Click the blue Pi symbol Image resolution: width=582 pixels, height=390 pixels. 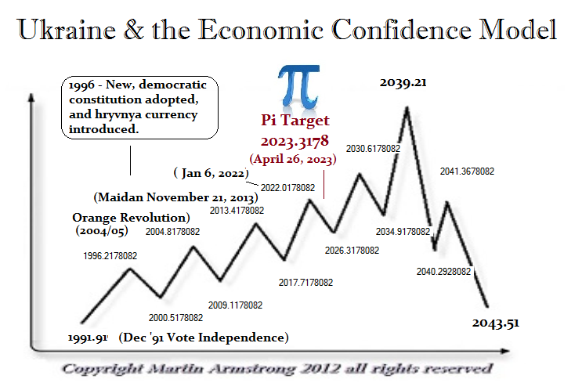(295, 88)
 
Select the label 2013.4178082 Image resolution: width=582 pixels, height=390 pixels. (237, 210)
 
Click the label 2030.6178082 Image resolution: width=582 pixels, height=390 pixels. (373, 147)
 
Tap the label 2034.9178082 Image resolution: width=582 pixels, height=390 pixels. (403, 232)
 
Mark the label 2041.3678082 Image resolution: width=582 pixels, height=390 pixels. (467, 171)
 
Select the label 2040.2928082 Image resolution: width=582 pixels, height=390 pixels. (443, 271)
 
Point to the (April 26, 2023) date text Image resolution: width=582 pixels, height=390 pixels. (293, 158)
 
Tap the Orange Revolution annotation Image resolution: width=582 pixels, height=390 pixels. (132, 217)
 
